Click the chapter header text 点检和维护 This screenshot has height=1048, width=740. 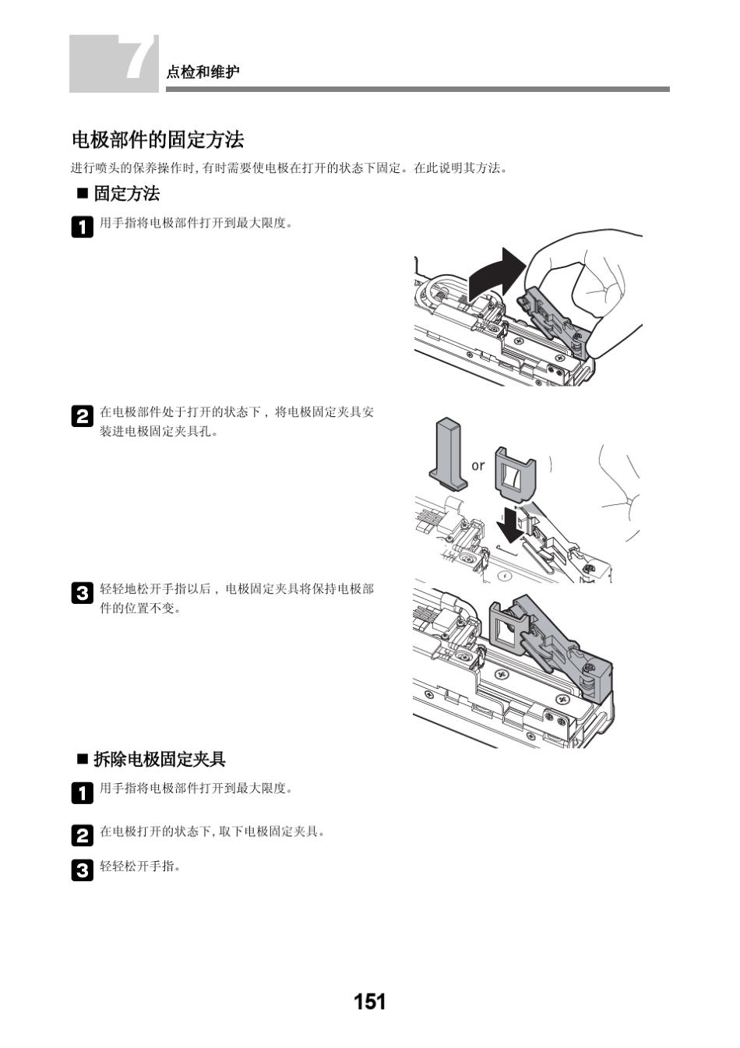203,72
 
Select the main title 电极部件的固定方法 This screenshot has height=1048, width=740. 157,140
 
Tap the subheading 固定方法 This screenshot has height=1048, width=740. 126,194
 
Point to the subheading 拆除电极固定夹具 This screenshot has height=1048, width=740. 159,759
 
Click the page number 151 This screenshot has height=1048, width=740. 369,1001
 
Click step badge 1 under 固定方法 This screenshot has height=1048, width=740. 82,227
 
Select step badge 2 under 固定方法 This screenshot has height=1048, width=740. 82,416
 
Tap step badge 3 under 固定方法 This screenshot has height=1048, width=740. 82,593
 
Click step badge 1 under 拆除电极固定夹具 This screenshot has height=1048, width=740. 82,792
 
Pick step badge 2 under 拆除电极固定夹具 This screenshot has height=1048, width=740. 82,835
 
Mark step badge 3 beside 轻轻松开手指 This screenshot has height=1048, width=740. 82,870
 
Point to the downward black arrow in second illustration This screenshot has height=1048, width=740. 511,526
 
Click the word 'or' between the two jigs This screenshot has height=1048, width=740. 477,466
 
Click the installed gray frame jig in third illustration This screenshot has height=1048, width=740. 511,628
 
